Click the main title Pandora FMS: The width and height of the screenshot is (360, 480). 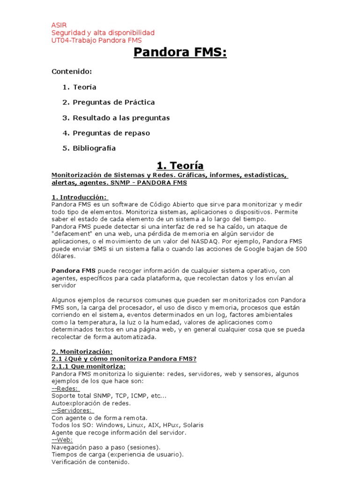(x=180, y=52)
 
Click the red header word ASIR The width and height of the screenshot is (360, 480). (x=59, y=25)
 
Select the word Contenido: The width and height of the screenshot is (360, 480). (x=71, y=72)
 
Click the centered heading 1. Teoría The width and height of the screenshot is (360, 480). (x=180, y=165)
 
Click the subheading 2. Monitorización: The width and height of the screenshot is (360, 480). (x=82, y=352)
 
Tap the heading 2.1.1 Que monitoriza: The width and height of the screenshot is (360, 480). (x=88, y=367)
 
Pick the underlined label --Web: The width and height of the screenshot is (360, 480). (x=63, y=440)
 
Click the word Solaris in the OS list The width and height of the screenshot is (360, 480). (x=191, y=425)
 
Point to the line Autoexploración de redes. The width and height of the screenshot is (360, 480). (x=91, y=403)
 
